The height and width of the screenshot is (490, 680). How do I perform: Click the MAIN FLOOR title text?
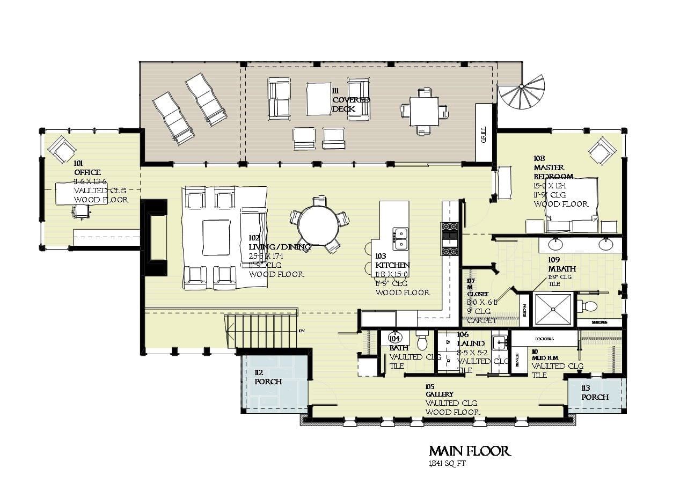pos(469,451)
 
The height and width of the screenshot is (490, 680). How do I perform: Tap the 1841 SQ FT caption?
pos(447,464)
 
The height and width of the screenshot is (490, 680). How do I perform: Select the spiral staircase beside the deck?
pos(521,92)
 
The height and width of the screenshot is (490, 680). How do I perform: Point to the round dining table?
pos(318,225)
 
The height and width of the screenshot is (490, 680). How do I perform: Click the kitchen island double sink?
pos(400,238)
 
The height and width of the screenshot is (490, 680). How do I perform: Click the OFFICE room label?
pos(87,172)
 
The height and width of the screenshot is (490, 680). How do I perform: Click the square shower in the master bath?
pos(553,309)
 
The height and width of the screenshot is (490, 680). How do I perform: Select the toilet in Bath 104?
pos(422,340)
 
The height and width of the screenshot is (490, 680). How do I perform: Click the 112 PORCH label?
pos(268,377)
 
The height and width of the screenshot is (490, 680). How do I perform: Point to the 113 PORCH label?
pos(595,393)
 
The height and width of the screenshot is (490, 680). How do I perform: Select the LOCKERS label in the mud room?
pos(544,339)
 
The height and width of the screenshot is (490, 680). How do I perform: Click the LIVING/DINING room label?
pos(280,247)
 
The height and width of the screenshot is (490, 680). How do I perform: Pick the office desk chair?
pos(80,213)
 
